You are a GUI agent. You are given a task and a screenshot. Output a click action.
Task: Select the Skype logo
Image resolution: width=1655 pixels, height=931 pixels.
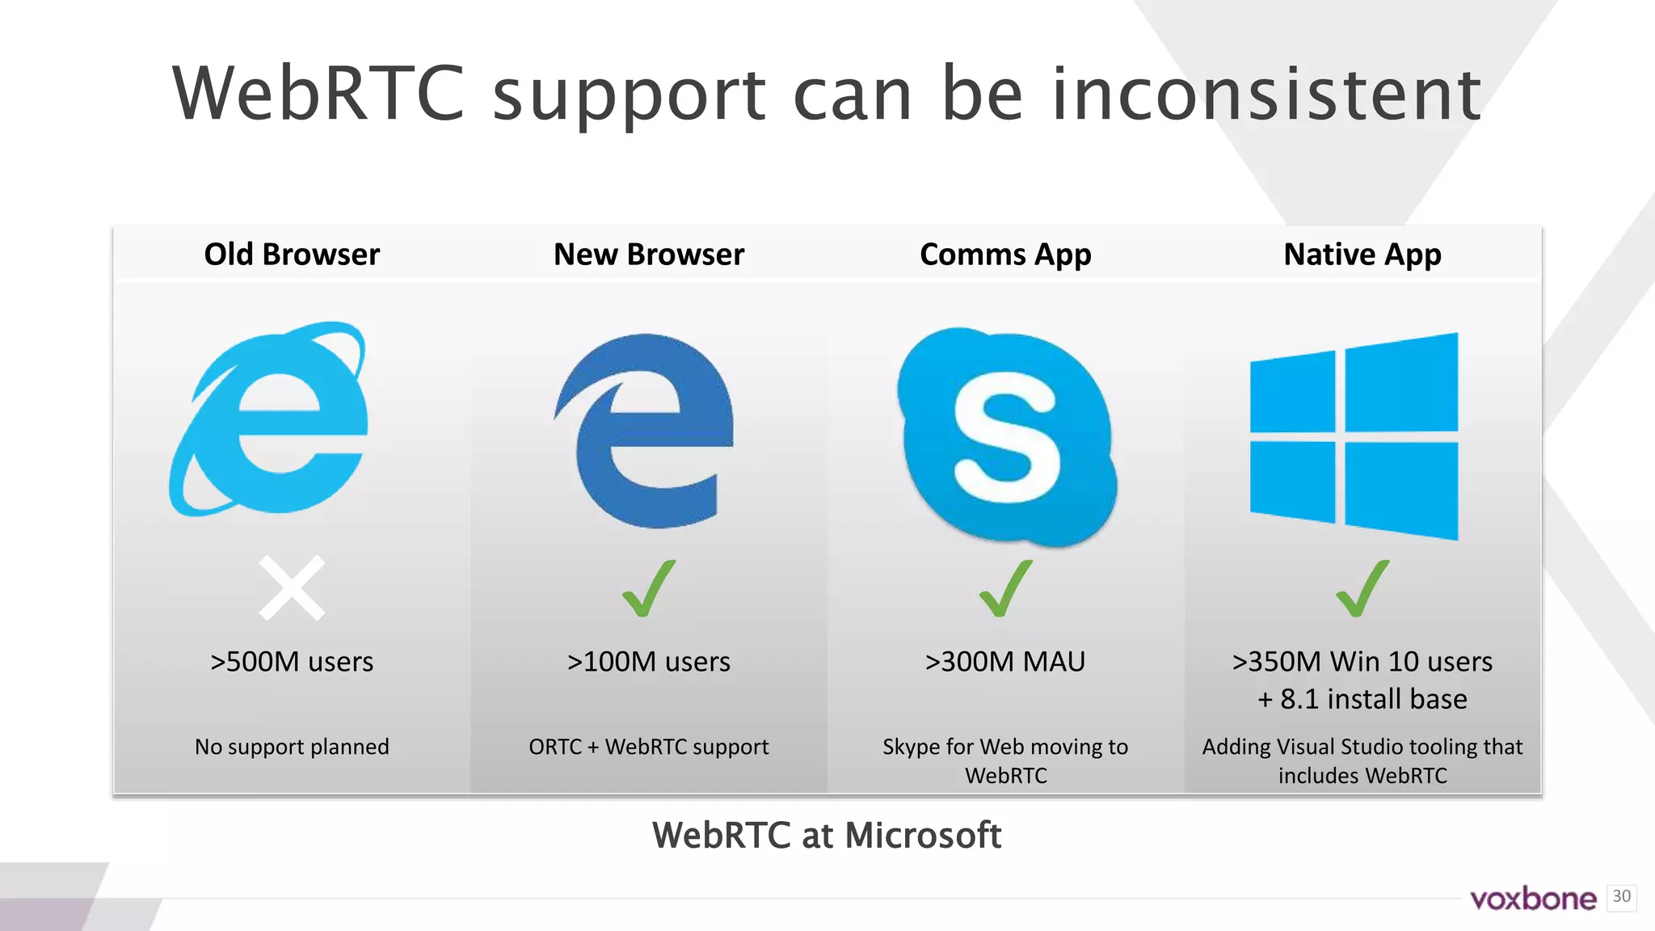pos(1006,436)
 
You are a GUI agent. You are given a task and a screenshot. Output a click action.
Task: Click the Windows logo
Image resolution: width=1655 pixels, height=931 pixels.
pos(1354,436)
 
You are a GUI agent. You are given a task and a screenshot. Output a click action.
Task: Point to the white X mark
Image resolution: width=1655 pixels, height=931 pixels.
pos(292,588)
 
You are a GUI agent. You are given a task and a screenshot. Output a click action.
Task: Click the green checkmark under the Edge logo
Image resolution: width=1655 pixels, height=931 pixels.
pos(648,588)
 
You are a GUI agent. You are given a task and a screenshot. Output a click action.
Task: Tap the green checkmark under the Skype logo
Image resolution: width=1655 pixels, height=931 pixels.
pos(1005,588)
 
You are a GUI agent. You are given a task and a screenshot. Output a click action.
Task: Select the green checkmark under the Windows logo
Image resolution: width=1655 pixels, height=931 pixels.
pos(1362,588)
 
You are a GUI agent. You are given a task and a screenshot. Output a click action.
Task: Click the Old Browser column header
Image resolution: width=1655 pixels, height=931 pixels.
pos(292,255)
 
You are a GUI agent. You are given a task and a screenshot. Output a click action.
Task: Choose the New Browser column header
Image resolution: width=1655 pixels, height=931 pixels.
pos(649,255)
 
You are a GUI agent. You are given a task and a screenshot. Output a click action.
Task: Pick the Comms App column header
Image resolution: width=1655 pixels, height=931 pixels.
pos(1005,255)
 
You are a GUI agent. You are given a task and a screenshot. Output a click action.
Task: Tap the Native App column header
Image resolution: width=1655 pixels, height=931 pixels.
pos(1362,255)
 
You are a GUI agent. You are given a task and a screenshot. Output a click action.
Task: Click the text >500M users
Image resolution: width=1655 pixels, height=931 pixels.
pos(292,662)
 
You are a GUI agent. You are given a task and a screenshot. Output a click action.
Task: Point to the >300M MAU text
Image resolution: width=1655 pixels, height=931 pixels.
pos(1005,662)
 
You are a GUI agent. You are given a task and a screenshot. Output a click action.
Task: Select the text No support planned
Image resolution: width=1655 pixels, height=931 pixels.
pos(292,747)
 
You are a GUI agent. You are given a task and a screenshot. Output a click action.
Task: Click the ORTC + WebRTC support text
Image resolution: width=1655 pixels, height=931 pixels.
pos(649,747)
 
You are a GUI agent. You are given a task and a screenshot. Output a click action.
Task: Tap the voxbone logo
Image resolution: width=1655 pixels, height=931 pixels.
pos(1533,899)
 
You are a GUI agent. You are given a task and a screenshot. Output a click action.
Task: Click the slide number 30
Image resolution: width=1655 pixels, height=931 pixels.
pos(1621,896)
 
